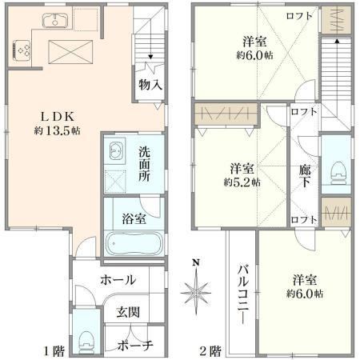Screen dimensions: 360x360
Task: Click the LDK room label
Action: pos(57,117)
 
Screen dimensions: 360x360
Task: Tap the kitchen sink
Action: pos(55,21)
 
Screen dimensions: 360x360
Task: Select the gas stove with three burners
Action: pos(22,50)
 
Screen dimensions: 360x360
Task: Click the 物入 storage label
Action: pos(150,85)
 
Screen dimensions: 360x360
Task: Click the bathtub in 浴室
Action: pos(134,243)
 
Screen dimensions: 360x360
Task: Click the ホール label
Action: pos(118,280)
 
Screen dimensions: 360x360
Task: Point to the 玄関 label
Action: pos(128,312)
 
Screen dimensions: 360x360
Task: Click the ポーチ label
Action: pos(135,346)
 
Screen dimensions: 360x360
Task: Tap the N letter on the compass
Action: pos(196,262)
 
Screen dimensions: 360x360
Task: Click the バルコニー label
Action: pos(243,294)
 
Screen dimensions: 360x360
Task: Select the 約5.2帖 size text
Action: pos(242,182)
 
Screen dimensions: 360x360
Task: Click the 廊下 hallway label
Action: pos(305,176)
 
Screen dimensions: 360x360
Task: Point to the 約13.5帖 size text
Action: pos(57,130)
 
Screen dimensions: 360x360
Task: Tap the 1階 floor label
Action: pos(54,351)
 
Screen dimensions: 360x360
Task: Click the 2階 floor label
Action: pos(210,351)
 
